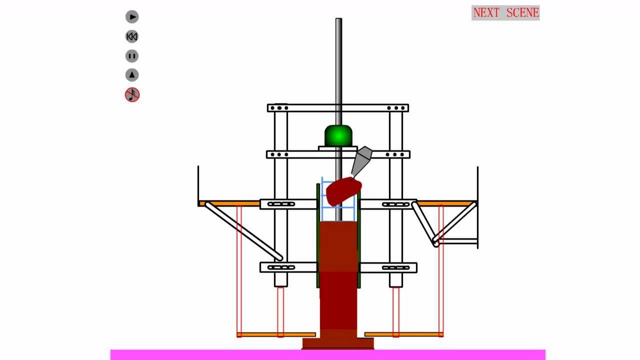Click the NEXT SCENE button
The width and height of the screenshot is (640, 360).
coord(505,12)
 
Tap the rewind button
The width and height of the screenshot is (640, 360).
coord(132,36)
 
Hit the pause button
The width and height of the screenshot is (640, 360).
coord(132,56)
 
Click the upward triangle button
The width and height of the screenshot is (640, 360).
coord(132,75)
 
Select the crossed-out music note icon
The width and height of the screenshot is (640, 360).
coord(132,94)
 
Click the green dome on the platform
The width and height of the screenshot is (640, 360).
coord(338,135)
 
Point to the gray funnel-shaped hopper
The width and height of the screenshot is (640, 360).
coord(361,161)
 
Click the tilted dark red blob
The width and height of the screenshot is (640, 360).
coord(343,191)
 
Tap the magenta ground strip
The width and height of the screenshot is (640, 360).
coord(327,355)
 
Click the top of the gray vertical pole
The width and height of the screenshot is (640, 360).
coord(338,19)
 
